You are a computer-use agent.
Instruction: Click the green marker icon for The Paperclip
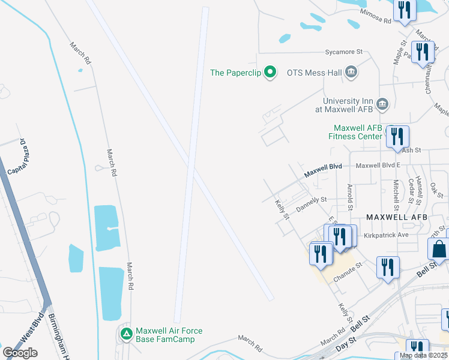click(x=270, y=73)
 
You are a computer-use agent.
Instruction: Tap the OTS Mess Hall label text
click(x=314, y=73)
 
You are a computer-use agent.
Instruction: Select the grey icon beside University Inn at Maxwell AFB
click(x=382, y=105)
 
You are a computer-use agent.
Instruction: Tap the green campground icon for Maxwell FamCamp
click(x=126, y=334)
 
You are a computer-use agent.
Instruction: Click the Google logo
click(x=20, y=353)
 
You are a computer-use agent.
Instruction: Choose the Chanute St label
click(x=348, y=269)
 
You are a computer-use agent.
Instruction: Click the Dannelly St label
click(x=311, y=203)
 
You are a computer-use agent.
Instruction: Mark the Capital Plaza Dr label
click(x=17, y=158)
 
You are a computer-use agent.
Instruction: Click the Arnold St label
click(x=350, y=194)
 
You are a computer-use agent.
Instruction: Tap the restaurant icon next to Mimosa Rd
click(x=404, y=10)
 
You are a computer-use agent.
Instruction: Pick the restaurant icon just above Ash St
click(x=397, y=137)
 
